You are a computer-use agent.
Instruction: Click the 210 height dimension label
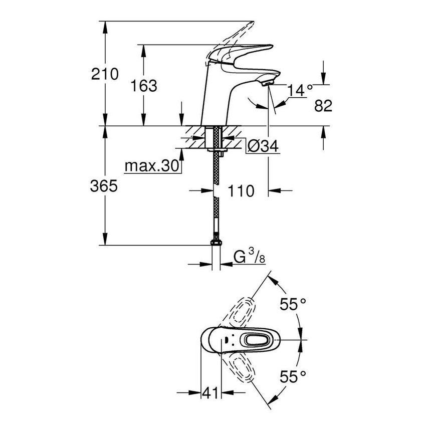[x=105, y=74]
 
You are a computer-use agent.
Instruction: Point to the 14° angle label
[x=300, y=90]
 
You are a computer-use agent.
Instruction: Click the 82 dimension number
[x=323, y=105]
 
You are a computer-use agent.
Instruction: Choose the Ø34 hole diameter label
[x=263, y=146]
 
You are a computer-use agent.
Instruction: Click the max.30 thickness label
[x=152, y=165]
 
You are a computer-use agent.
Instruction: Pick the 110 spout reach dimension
[x=241, y=190]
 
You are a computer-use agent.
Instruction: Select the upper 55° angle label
[x=292, y=304]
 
